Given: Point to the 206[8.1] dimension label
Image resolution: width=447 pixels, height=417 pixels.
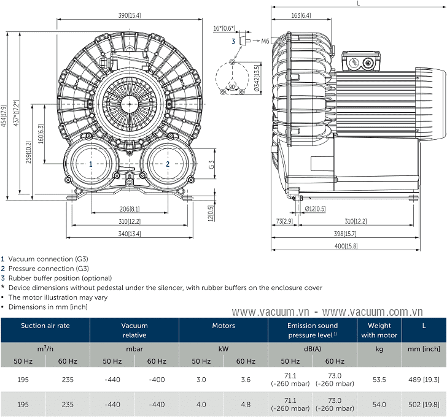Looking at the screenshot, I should tap(129, 208).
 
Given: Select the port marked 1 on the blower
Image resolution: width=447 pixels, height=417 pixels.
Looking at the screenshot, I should tap(91, 164).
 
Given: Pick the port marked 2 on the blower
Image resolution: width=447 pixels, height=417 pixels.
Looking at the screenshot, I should tap(168, 164).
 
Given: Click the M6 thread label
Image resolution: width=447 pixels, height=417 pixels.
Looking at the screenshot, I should tap(265, 41).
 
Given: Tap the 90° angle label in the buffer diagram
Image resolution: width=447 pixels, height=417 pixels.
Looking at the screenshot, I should tap(232, 86).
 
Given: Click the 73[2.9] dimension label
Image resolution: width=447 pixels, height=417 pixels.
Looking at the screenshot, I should tap(284, 221).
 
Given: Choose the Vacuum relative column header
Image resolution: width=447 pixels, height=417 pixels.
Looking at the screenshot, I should tap(134, 331).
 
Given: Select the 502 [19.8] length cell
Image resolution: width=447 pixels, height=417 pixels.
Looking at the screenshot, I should tap(424, 404).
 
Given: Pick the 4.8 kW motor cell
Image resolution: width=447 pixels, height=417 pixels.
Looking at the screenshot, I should tap(246, 404).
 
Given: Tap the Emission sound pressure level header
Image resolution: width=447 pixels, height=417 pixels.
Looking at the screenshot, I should tap(313, 331).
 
